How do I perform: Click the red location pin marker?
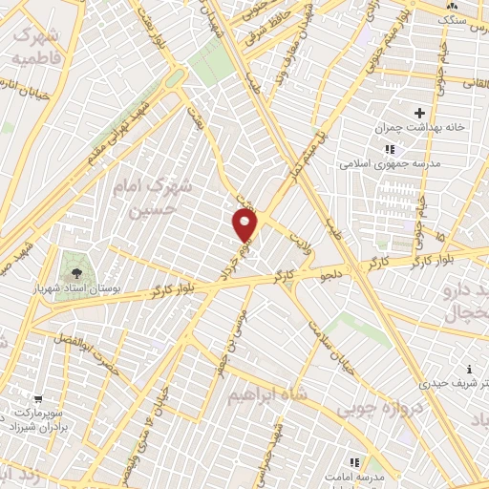(x=245, y=225)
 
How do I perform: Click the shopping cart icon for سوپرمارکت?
(x=37, y=400)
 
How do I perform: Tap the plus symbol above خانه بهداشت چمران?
(x=419, y=113)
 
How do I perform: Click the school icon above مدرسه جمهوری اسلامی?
(x=389, y=148)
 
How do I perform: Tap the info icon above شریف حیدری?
(x=469, y=369)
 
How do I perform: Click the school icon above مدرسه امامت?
(x=356, y=461)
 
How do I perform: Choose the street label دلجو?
(x=332, y=276)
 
